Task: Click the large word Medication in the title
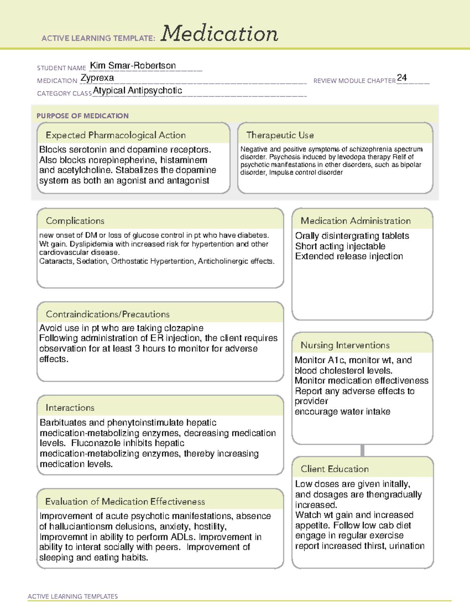point(219,34)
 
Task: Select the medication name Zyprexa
point(98,78)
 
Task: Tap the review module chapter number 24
point(402,78)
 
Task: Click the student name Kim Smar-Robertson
point(133,65)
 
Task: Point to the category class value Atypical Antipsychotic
point(137,90)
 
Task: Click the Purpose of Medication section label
point(83,116)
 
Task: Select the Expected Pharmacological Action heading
point(116,135)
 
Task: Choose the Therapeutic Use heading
point(280,135)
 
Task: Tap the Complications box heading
point(75,221)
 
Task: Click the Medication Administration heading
point(356,221)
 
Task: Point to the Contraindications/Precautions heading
point(108,314)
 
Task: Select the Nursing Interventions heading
point(345,345)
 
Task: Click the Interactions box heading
point(70,408)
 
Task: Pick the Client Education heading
point(335,469)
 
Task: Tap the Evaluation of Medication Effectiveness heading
point(125,502)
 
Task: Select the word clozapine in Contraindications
point(184,328)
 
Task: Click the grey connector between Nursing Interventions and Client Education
point(362,450)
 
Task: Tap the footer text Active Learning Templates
point(73,596)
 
